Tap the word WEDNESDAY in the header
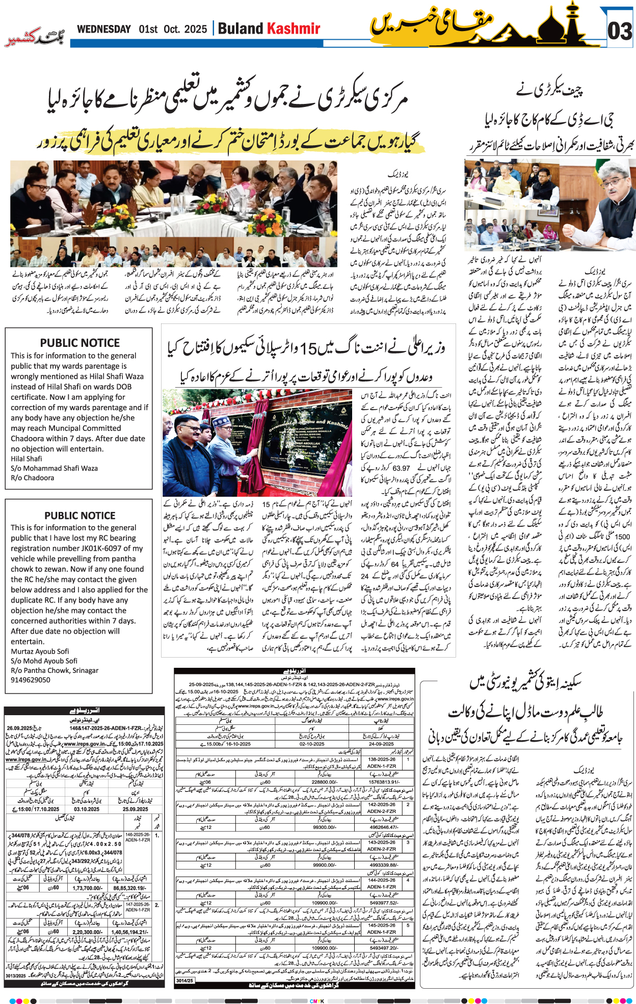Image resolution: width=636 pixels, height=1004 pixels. tap(103, 29)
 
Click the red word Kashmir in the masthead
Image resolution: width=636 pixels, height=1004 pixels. tap(294, 29)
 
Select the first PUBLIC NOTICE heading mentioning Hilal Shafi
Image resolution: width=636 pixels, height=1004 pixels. tap(80, 343)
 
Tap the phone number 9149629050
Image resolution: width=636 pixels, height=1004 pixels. tap(31, 680)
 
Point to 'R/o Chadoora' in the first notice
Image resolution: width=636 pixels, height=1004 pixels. tap(32, 478)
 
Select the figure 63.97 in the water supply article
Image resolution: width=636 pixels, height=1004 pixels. tap(402, 468)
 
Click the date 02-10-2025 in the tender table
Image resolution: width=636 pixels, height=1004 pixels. tap(312, 744)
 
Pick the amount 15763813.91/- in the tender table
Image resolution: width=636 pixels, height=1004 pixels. tap(384, 782)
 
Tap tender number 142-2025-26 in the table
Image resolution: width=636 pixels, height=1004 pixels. tap(382, 805)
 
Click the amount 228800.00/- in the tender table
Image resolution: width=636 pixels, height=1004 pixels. tap(325, 782)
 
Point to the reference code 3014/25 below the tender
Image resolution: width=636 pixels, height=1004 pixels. tap(184, 980)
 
